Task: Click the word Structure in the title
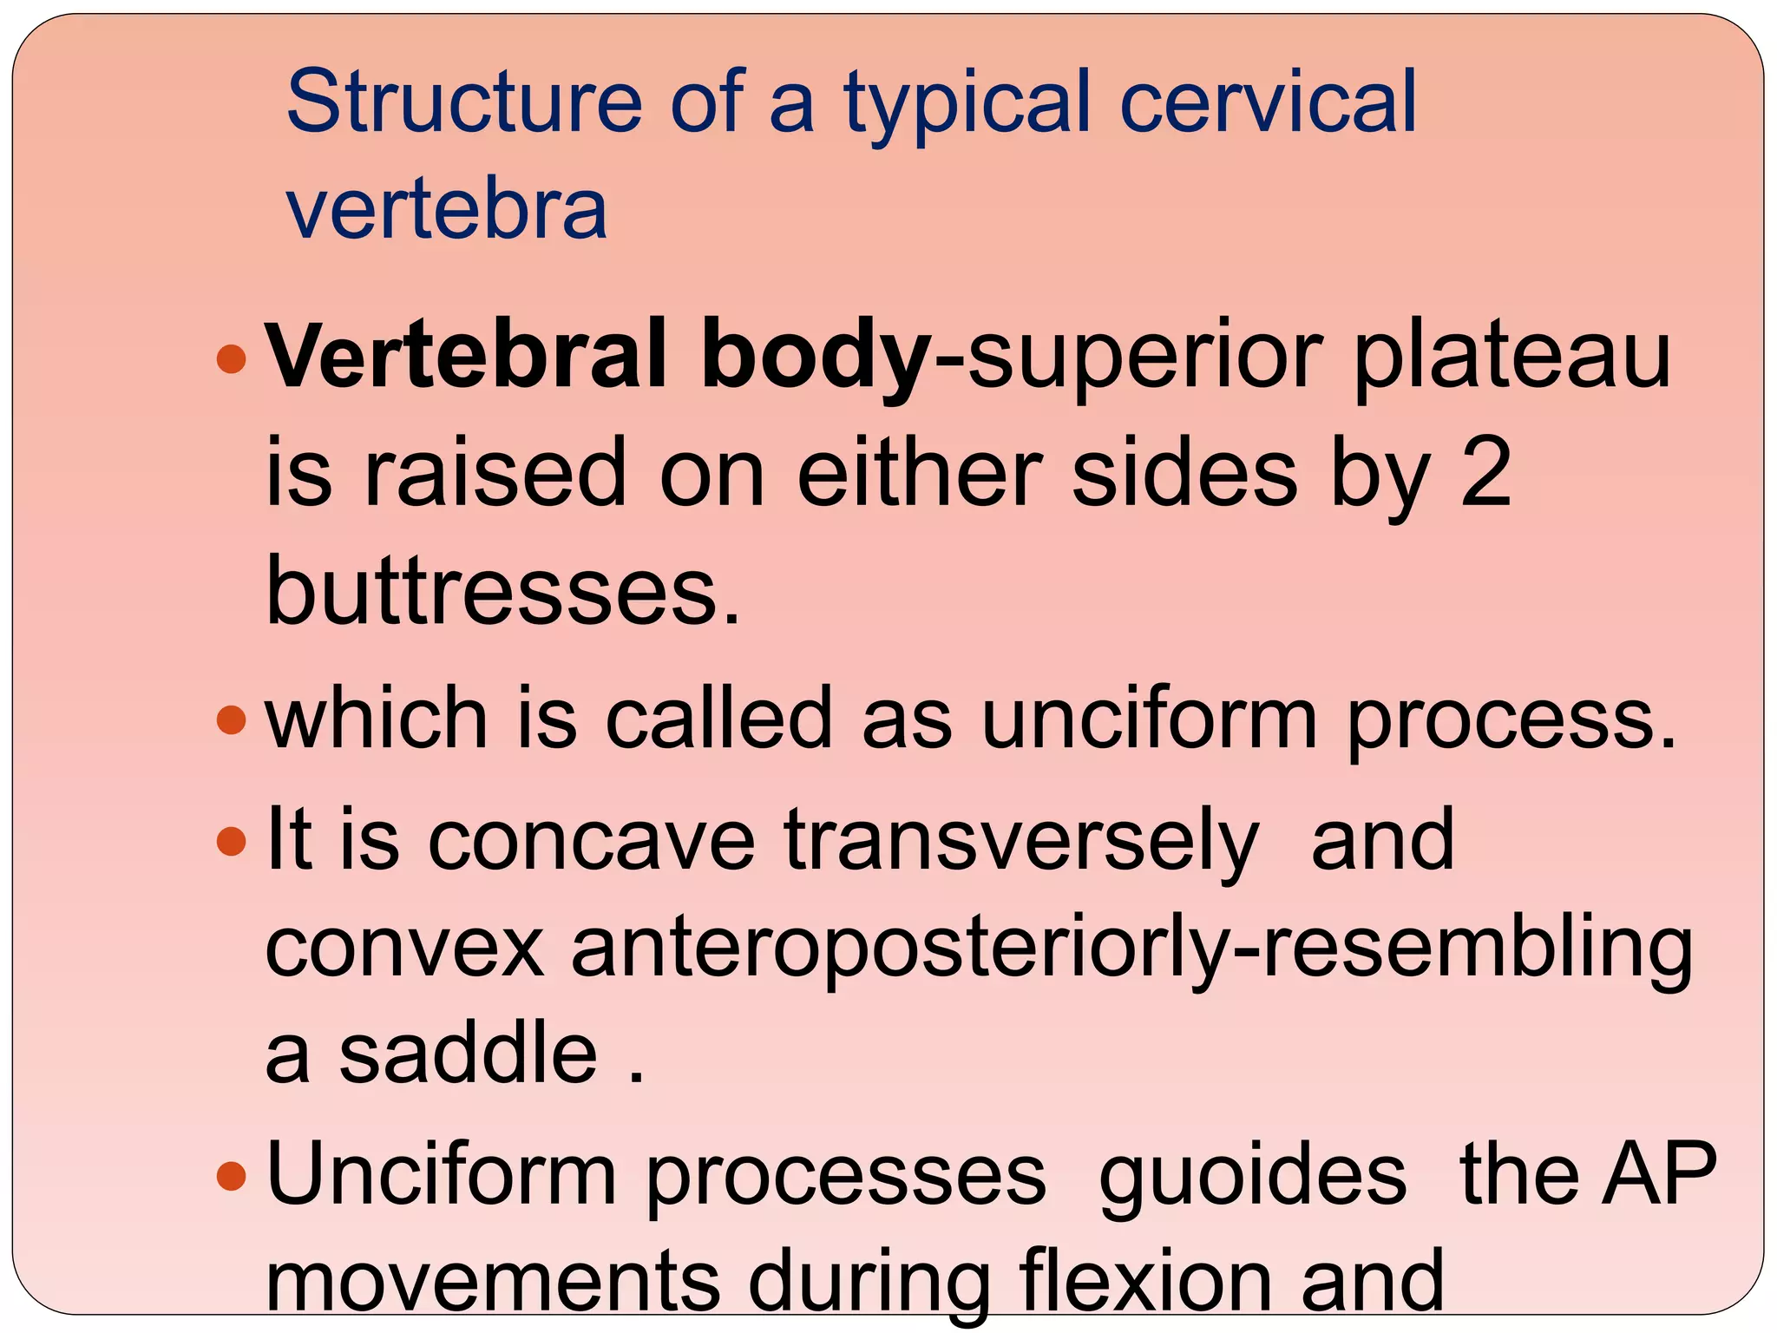464,102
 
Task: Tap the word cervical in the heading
1268,102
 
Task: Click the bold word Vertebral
467,356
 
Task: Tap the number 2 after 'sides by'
1485,473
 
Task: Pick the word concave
592,839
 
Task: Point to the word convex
404,949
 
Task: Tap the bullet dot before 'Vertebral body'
231,358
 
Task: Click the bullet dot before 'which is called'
231,719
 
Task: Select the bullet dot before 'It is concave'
231,840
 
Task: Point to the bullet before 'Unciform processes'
231,1176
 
